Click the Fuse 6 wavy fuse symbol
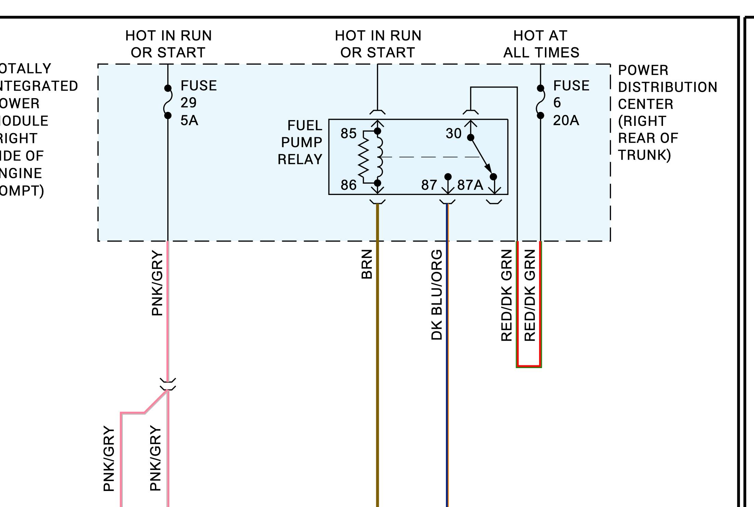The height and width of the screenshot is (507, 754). pyautogui.click(x=540, y=102)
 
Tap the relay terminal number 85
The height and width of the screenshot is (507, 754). pyautogui.click(x=348, y=133)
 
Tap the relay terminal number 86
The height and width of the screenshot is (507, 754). pyautogui.click(x=348, y=185)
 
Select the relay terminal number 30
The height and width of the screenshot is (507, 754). pyautogui.click(x=453, y=133)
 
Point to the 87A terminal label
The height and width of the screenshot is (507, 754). pyautogui.click(x=470, y=185)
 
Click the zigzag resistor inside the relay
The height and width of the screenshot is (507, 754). pyautogui.click(x=364, y=157)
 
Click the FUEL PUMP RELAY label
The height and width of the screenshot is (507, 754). pyautogui.click(x=300, y=142)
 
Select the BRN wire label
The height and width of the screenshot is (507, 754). pyautogui.click(x=367, y=264)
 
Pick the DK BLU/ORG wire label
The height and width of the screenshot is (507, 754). pyautogui.click(x=437, y=295)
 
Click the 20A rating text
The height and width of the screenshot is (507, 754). pyautogui.click(x=566, y=120)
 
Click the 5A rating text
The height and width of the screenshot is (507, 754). pyautogui.click(x=189, y=120)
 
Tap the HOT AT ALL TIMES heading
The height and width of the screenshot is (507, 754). pyautogui.click(x=541, y=44)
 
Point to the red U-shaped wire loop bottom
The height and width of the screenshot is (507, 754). pyautogui.click(x=529, y=366)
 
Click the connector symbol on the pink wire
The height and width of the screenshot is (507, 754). pyautogui.click(x=168, y=384)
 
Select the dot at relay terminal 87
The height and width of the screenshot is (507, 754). pyautogui.click(x=448, y=177)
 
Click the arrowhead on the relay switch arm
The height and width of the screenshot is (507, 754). pyautogui.click(x=489, y=169)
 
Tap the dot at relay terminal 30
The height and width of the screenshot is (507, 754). pyautogui.click(x=470, y=138)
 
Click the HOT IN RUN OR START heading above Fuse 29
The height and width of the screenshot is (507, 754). pyautogui.click(x=168, y=44)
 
